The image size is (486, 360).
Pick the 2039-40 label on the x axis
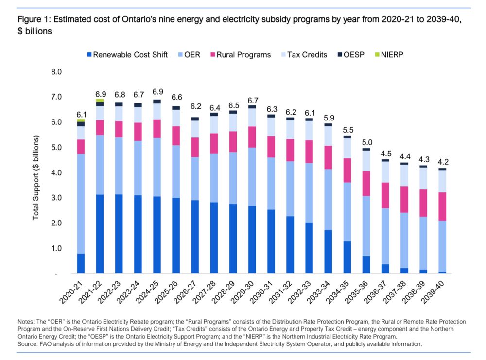pyautogui.click(x=435, y=291)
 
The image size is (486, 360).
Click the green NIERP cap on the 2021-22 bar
pyautogui.click(x=100, y=101)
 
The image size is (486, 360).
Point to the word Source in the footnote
pyautogui.click(x=28, y=343)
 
